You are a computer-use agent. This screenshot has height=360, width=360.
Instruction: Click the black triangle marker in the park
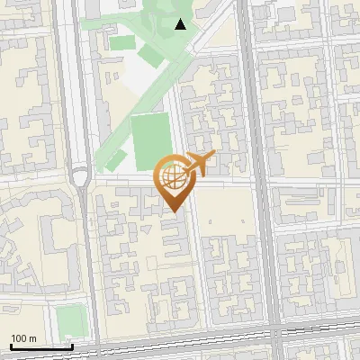(182, 24)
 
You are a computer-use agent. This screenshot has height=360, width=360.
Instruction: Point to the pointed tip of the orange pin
(174, 211)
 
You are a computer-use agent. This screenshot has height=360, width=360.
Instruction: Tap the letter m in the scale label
(32, 337)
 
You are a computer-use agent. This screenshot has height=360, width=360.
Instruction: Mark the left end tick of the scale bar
(10, 346)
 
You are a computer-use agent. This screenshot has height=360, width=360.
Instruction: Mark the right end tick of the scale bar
(73, 346)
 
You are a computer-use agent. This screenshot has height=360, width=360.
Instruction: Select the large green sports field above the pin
(150, 141)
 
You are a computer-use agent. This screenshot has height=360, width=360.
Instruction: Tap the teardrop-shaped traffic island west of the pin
(82, 177)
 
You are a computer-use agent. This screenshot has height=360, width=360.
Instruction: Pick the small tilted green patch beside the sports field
(116, 160)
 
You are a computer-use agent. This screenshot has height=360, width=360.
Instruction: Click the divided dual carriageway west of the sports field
(84, 108)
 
